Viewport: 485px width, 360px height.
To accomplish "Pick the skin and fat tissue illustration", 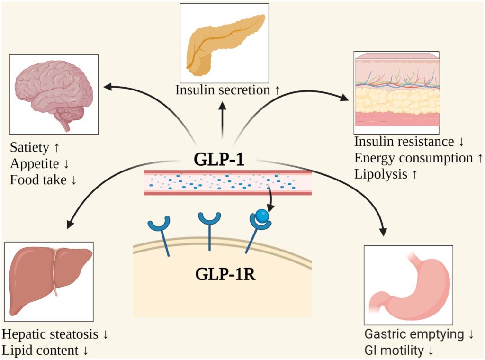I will point(396,92).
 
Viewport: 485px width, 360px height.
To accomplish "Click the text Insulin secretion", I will point(222,90).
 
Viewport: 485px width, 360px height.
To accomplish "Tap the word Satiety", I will point(29,148).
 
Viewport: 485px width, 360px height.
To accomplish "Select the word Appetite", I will point(33,163).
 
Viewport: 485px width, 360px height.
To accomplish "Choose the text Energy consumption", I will point(413,158).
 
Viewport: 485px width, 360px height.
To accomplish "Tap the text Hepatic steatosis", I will point(51,334).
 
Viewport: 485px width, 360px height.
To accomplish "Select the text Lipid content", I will point(40,351).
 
